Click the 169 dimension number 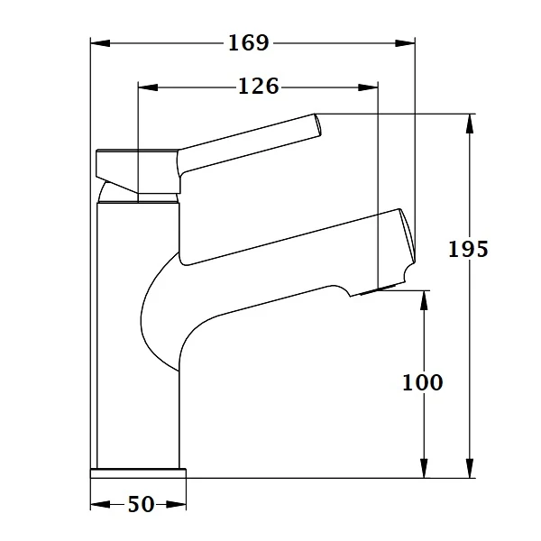(x=249, y=43)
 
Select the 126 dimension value (x=259, y=87)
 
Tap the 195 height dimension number (x=468, y=249)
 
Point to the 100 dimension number (x=423, y=382)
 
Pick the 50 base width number (x=142, y=504)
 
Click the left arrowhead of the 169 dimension (x=100, y=43)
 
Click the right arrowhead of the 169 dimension (x=405, y=43)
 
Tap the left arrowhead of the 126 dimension (x=148, y=87)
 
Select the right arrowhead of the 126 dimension (x=368, y=87)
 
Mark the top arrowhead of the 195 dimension (x=469, y=124)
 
